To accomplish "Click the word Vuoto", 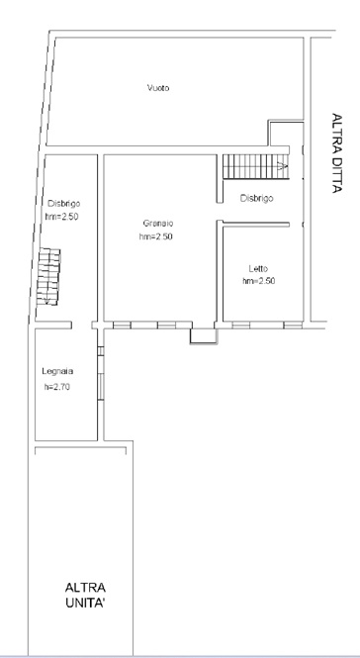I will point(158,89).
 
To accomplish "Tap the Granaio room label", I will point(157,224).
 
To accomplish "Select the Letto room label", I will point(258,268).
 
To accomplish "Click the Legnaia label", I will point(57,371).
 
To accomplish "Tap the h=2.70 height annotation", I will point(56,387).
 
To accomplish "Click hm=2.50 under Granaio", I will point(157,237).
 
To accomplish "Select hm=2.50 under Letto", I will point(258,281).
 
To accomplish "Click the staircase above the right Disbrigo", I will point(252,165).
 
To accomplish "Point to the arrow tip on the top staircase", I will point(288,166).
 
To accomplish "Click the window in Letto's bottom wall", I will point(261,324).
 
